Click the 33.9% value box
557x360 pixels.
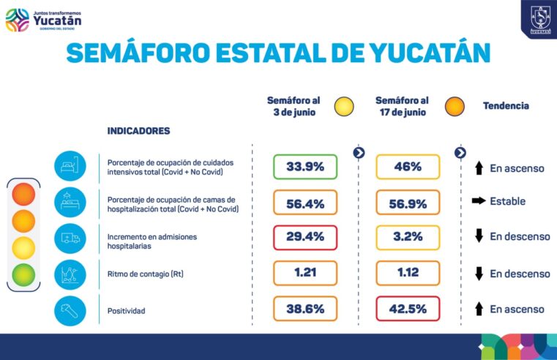[305, 167]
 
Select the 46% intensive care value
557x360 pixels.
[408, 167]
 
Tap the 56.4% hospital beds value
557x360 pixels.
[305, 203]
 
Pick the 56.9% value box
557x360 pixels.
[408, 203]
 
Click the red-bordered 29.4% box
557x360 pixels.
[305, 238]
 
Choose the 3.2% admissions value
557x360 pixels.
[408, 238]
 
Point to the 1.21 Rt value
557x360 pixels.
[305, 273]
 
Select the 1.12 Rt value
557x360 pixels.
[408, 273]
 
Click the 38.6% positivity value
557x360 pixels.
[305, 309]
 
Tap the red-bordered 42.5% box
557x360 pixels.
[408, 309]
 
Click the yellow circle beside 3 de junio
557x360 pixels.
[344, 106]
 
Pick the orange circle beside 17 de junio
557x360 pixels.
[455, 106]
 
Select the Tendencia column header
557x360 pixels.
[506, 106]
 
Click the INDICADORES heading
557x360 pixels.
[138, 131]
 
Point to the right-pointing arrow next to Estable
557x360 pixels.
[479, 201]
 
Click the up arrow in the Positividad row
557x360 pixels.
[479, 309]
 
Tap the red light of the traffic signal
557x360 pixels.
[23, 195]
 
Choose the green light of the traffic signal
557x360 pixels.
[23, 274]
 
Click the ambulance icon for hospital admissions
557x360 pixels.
[70, 237]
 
